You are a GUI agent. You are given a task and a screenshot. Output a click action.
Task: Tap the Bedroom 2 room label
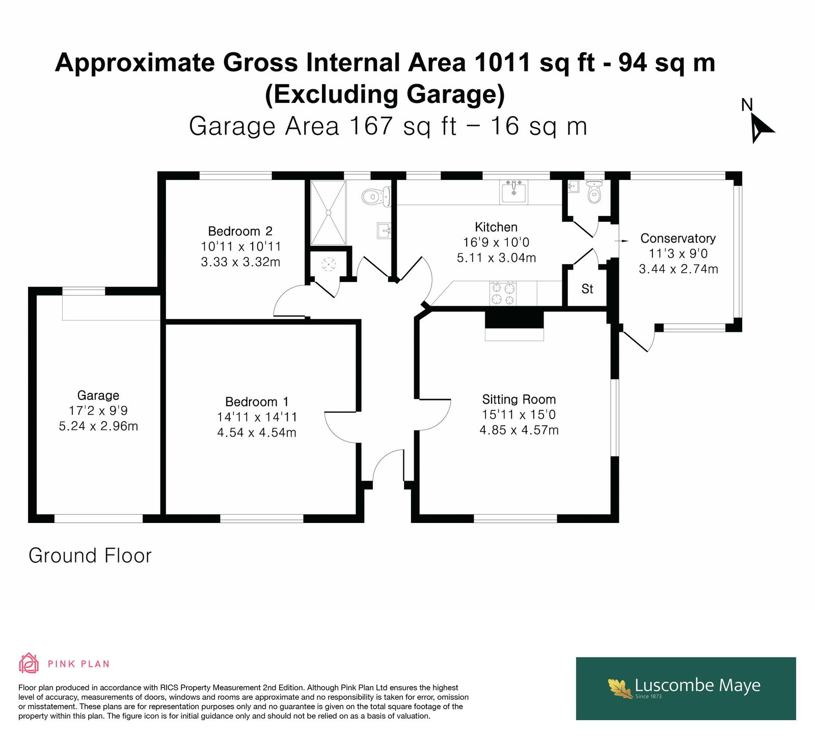click(x=240, y=231)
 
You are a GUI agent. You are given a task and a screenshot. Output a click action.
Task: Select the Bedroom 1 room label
click(x=257, y=402)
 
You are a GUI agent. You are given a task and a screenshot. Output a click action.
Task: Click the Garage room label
click(x=98, y=395)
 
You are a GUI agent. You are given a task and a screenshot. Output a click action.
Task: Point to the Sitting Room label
click(x=519, y=400)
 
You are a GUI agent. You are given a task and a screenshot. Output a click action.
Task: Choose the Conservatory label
click(x=678, y=238)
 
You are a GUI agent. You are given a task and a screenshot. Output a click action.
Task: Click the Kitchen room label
click(x=496, y=227)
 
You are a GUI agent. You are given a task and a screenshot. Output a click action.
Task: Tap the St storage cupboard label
click(x=587, y=289)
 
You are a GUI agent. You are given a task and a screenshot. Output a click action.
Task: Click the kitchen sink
click(x=513, y=192)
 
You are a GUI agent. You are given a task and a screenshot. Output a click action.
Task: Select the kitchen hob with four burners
click(x=503, y=294)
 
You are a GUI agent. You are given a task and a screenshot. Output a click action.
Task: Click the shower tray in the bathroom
click(x=329, y=213)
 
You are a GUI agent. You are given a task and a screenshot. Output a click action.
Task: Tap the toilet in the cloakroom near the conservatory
click(x=594, y=192)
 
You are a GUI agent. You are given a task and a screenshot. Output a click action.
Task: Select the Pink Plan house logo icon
click(x=29, y=663)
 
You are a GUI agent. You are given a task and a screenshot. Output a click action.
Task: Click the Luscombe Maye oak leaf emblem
click(x=620, y=688)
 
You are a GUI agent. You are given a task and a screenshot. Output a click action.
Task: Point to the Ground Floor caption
click(x=90, y=556)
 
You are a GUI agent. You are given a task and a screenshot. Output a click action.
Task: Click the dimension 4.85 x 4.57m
click(x=519, y=430)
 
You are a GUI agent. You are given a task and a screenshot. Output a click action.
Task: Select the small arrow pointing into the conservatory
click(x=622, y=240)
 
